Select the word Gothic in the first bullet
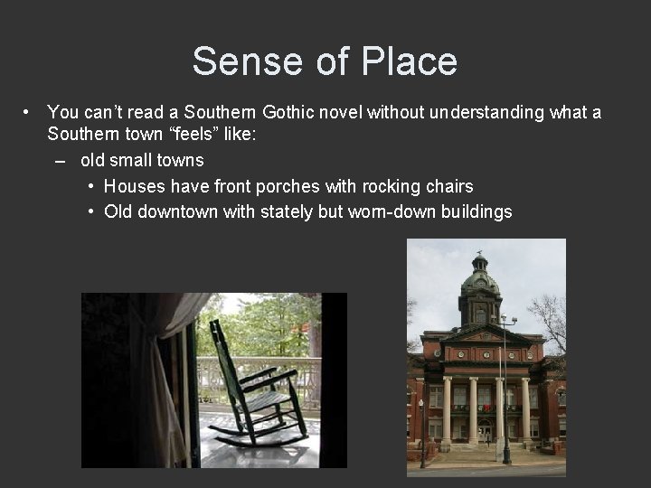click(292, 113)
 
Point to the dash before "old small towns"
click(60, 161)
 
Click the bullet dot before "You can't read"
click(29, 113)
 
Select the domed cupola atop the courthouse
click(479, 280)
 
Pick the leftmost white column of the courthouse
click(446, 411)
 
